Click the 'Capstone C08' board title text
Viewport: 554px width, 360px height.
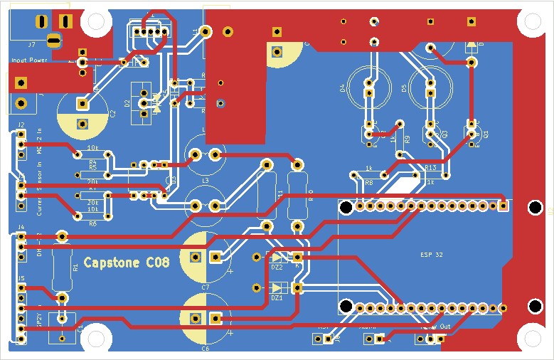coord(127,263)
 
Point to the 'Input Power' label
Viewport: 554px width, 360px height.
coord(29,60)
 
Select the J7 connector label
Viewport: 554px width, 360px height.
coord(31,44)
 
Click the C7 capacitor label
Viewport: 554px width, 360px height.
coord(205,286)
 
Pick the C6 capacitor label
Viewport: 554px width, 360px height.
coord(205,349)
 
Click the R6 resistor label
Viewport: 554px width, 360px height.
coord(92,223)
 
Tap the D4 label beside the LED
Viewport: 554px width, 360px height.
coord(342,89)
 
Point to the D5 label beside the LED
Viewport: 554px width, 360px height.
coord(404,89)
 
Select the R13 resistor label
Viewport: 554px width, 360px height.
coord(430,168)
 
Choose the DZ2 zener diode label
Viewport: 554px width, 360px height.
coord(277,268)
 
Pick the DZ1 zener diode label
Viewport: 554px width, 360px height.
coord(277,298)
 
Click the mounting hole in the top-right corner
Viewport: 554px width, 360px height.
coord(531,22)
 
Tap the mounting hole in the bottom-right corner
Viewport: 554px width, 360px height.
coord(531,339)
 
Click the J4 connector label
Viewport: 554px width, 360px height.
coord(21,228)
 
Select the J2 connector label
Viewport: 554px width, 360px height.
coord(21,125)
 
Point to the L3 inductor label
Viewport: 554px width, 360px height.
coord(205,181)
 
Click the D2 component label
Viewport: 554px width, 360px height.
coord(127,104)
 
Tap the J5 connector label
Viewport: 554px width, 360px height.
coord(21,278)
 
